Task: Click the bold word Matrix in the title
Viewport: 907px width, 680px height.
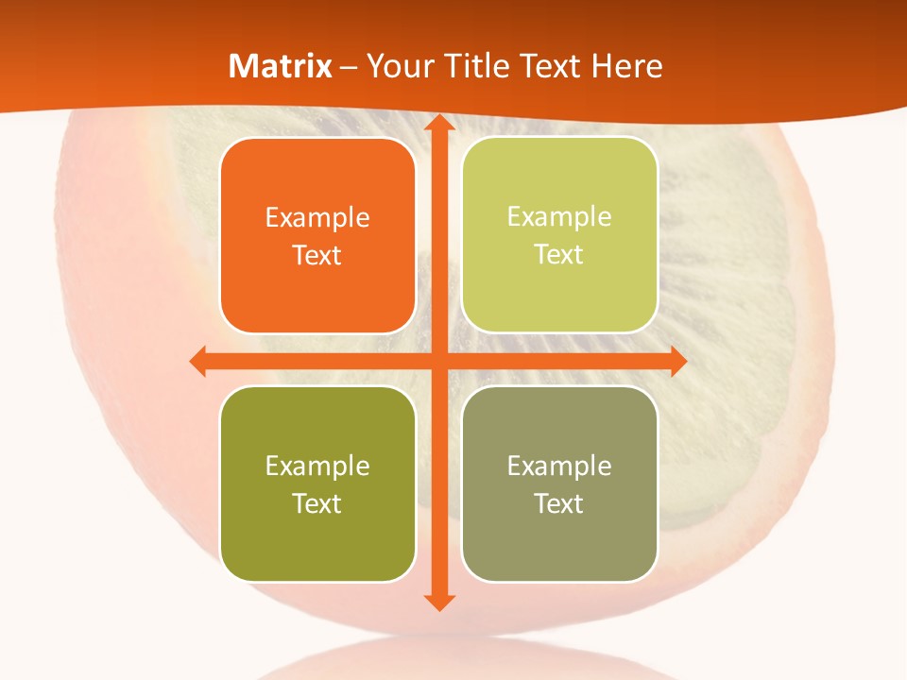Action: (281, 66)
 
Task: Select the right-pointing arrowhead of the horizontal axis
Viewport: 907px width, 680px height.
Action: (676, 361)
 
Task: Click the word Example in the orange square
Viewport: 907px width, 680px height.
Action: (317, 218)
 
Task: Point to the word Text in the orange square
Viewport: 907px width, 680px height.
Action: (317, 255)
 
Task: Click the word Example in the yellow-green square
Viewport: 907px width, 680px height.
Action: (559, 217)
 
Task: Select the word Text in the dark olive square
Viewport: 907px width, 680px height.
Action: (317, 503)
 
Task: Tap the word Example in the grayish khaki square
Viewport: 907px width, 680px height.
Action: (559, 466)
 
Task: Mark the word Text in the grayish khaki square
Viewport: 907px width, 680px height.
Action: (559, 503)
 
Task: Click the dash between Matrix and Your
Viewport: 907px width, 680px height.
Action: (349, 67)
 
